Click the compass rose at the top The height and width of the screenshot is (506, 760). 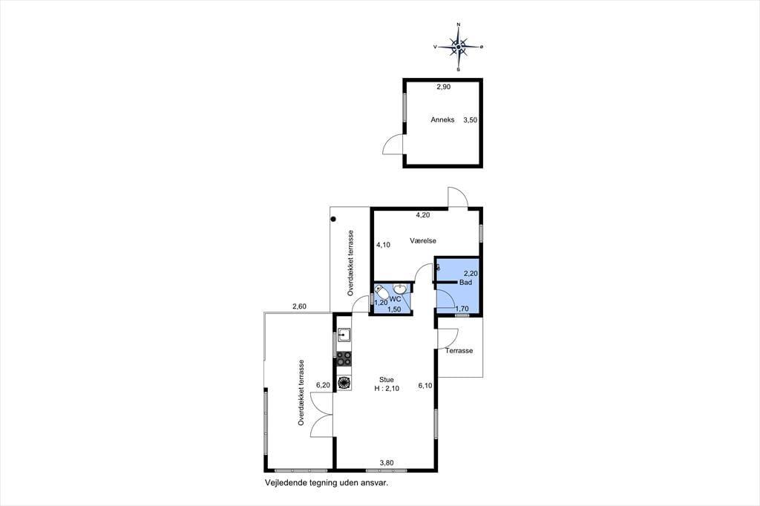click(x=458, y=47)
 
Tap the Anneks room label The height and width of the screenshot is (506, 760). click(x=442, y=119)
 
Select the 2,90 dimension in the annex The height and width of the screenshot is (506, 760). click(x=444, y=88)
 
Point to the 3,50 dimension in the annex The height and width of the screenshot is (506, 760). click(x=470, y=119)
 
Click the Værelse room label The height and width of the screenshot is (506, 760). click(x=422, y=240)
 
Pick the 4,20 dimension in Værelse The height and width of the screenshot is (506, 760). click(x=422, y=214)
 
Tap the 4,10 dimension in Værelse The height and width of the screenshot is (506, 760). click(x=383, y=245)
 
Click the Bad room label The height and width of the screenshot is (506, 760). click(x=465, y=282)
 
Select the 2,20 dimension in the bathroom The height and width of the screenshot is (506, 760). click(x=471, y=273)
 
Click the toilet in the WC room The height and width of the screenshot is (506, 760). click(x=381, y=292)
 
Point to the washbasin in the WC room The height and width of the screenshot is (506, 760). click(x=400, y=289)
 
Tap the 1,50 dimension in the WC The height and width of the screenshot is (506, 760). click(x=394, y=309)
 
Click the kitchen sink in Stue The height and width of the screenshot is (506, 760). click(x=344, y=335)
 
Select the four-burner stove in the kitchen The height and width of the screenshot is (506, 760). click(x=344, y=358)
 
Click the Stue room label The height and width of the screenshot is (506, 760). click(x=386, y=380)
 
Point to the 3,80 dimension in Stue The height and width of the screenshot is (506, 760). click(x=386, y=463)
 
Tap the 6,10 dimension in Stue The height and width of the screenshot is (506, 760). click(x=425, y=386)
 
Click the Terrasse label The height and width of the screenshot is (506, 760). click(x=459, y=350)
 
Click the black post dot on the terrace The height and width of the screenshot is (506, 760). click(x=333, y=220)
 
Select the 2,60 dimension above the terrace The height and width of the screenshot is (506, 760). click(x=299, y=306)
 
